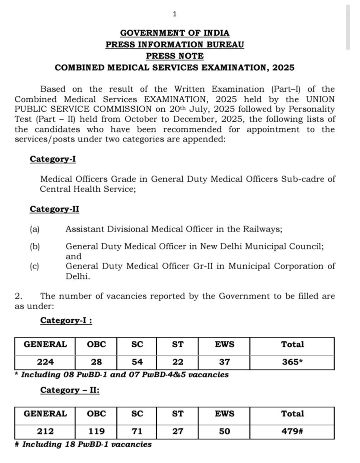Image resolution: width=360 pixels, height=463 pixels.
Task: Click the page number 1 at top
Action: click(175, 14)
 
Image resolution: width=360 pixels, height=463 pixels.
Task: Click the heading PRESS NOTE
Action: click(175, 56)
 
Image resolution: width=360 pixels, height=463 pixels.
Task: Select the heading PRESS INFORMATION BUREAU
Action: click(175, 44)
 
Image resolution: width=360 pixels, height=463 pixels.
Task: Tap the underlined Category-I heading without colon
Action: click(49, 159)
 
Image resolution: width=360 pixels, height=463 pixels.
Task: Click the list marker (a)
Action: click(35, 229)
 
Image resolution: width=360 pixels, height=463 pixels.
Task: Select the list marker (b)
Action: click(35, 246)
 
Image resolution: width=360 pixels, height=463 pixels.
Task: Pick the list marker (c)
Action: click(35, 266)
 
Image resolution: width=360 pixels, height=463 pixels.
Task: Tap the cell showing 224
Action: click(45, 362)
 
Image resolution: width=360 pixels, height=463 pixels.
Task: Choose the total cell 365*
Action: click(292, 362)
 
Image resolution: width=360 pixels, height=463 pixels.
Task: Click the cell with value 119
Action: click(96, 431)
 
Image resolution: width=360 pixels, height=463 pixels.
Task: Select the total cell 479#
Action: click(292, 431)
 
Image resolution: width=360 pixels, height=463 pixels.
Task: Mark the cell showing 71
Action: click(137, 431)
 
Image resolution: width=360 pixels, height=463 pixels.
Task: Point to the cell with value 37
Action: click(225, 362)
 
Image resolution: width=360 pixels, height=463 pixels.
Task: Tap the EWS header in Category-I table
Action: click(225, 344)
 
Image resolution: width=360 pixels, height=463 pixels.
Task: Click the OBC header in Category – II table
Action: click(96, 413)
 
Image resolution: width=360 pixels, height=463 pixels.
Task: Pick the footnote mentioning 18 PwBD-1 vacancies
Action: click(83, 444)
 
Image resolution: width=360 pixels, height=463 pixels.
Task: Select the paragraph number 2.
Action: click(18, 296)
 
